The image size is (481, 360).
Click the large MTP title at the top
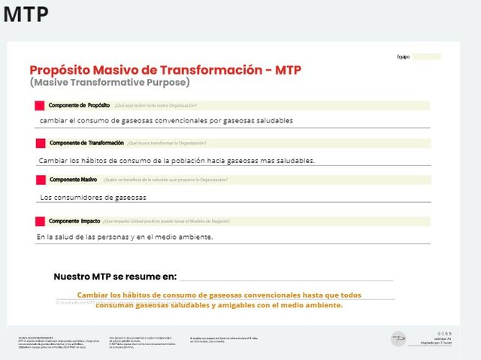coord(26,15)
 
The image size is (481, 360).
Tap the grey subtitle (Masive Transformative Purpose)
coord(110,83)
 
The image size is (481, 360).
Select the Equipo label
coord(403,57)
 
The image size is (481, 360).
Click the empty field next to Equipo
coord(425,57)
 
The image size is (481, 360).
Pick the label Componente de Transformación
coord(86,143)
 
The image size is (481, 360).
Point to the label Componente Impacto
coord(74,221)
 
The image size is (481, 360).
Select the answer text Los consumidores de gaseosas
coord(93,198)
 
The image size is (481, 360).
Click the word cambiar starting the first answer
coord(56,120)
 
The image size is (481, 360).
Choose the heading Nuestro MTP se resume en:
coord(115,277)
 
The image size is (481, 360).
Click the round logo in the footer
coord(398,339)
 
